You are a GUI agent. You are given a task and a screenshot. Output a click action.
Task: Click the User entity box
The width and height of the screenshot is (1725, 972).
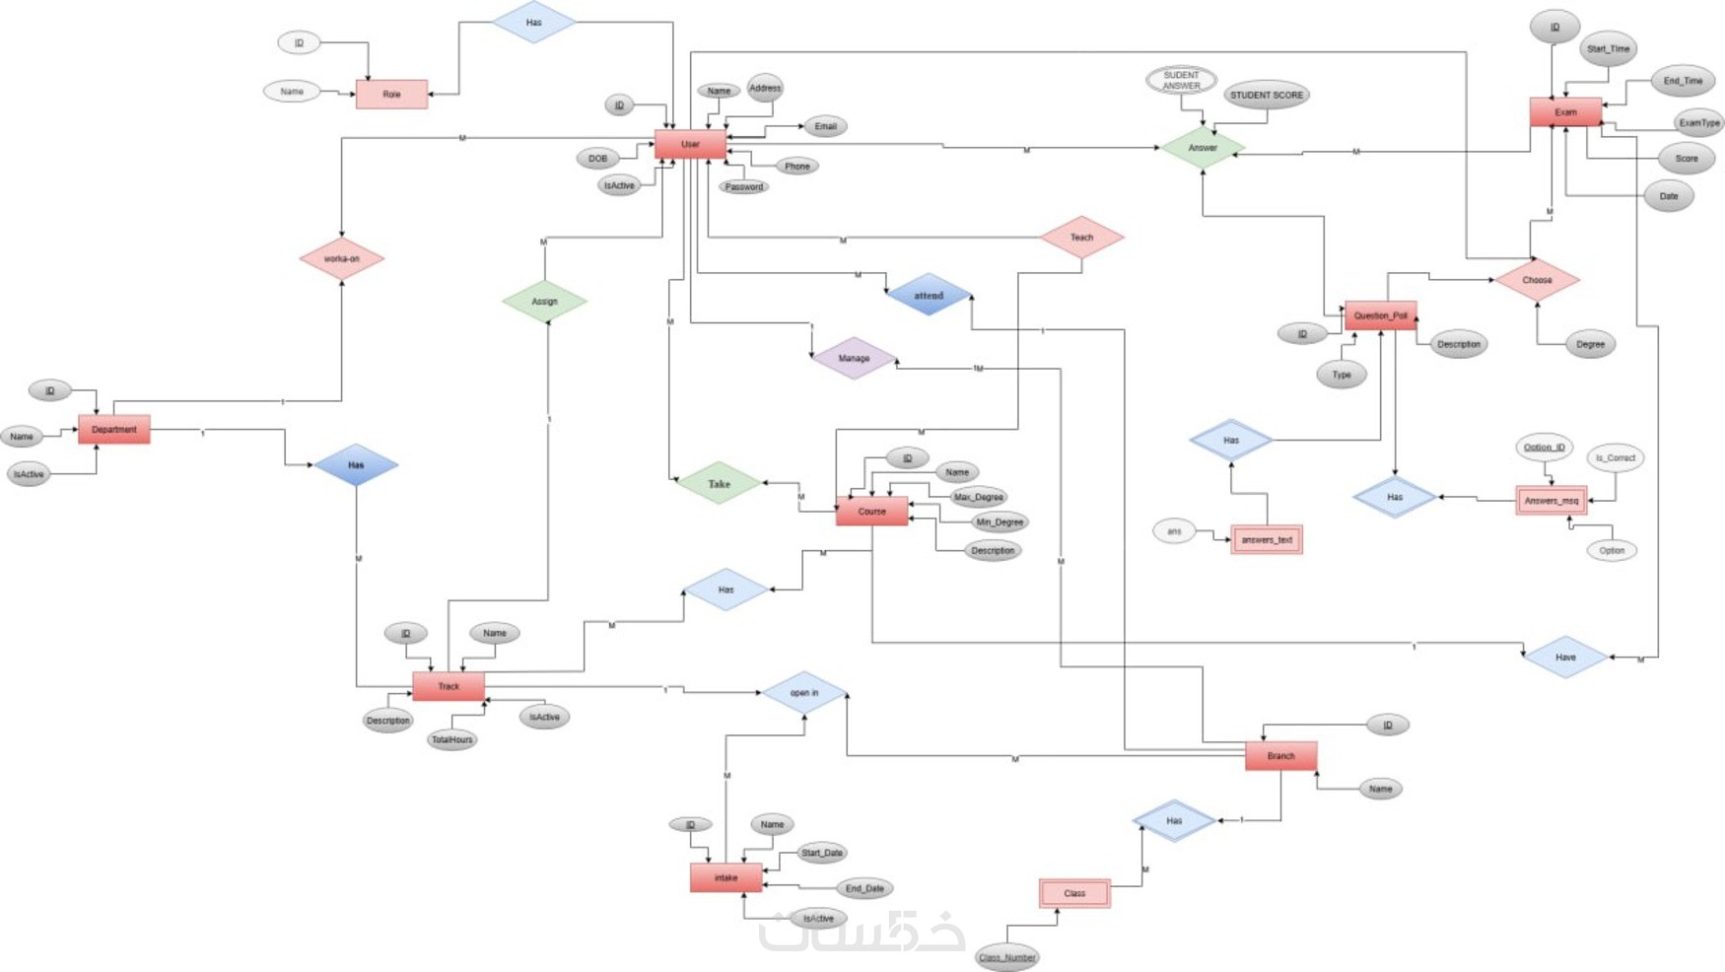click(690, 145)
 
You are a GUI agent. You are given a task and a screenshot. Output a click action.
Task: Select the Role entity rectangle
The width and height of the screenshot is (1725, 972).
click(391, 95)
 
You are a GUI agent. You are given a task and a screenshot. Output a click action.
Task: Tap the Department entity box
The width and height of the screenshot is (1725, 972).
click(114, 430)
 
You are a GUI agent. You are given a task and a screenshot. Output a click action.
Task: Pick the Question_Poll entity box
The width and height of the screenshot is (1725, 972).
click(1380, 315)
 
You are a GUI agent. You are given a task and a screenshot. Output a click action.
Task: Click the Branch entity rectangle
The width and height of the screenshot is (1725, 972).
click(1280, 756)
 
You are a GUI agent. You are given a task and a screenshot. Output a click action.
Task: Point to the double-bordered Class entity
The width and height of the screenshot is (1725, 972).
click(1074, 893)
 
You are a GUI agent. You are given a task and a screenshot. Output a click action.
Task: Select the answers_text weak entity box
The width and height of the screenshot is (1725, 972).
click(1267, 540)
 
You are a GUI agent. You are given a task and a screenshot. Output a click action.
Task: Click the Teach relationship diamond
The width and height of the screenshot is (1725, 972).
click(1081, 238)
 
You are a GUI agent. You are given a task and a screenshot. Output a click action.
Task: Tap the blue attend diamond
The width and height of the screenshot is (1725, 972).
click(929, 296)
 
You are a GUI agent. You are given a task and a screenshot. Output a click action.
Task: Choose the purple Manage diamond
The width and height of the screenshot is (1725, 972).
click(854, 359)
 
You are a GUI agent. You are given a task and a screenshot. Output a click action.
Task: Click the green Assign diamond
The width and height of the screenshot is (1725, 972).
click(544, 302)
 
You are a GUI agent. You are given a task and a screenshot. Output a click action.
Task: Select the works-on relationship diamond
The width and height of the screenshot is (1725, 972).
click(342, 259)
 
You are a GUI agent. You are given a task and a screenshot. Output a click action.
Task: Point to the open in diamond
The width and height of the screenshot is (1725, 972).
click(804, 693)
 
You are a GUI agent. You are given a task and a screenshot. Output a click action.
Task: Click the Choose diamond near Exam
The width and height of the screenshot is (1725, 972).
click(1537, 280)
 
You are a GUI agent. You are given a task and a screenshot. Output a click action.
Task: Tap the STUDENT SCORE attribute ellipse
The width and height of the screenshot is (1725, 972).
click(1267, 96)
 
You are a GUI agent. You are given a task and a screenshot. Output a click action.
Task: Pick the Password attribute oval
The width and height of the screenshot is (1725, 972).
click(743, 187)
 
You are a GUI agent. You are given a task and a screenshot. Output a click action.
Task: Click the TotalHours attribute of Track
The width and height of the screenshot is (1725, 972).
click(452, 739)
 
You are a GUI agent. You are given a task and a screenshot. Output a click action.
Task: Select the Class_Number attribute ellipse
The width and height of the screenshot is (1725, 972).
click(1006, 957)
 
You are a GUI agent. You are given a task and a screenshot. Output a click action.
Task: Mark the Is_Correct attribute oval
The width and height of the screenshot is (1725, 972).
click(1616, 457)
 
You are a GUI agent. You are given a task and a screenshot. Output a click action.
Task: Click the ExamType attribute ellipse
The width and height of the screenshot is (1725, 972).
click(1699, 123)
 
